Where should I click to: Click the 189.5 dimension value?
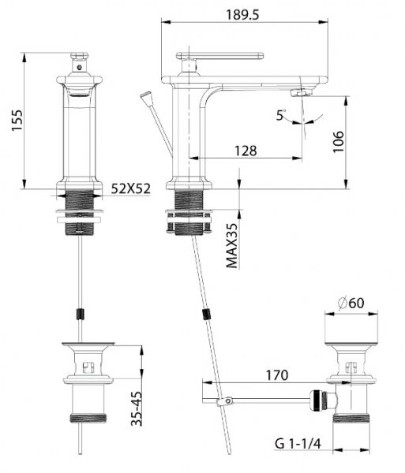pyautogui.click(x=242, y=15)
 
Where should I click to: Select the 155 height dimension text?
pyautogui.click(x=17, y=121)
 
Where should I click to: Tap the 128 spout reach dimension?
pyautogui.click(x=246, y=151)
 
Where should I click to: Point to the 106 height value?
pyautogui.click(x=338, y=142)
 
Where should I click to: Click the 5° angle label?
pyautogui.click(x=280, y=115)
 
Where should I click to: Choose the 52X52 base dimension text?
pyautogui.click(x=131, y=189)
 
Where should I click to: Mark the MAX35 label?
pyautogui.click(x=232, y=245)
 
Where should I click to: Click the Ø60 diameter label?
pyautogui.click(x=351, y=303)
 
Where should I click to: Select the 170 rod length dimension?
pyautogui.click(x=277, y=375)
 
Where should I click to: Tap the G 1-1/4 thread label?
pyautogui.click(x=298, y=443)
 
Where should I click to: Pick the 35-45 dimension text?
pyautogui.click(x=137, y=408)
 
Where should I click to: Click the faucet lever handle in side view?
pyautogui.click(x=219, y=56)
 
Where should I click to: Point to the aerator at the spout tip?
pyautogui.click(x=302, y=92)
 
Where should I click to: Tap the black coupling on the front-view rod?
pyautogui.click(x=80, y=314)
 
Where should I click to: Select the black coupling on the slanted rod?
pyautogui.click(x=206, y=315)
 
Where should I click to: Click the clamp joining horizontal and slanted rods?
pyautogui.click(x=224, y=401)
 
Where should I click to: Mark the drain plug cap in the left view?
pyautogui.click(x=88, y=344)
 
